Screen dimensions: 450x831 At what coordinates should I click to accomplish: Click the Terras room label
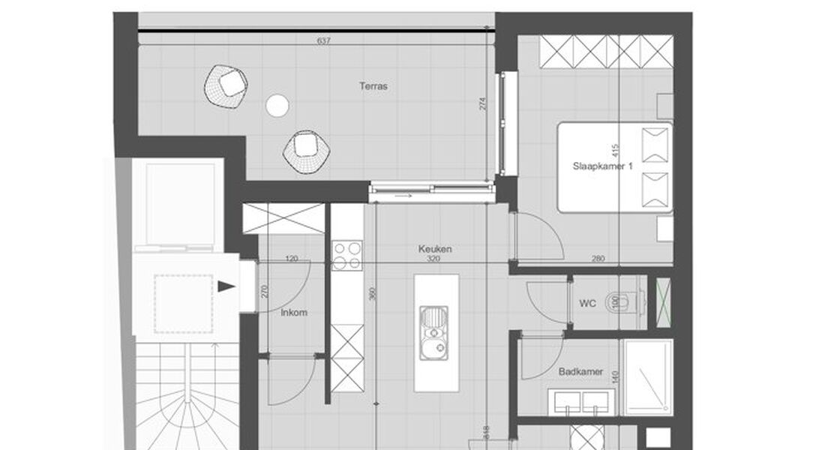(x=373, y=86)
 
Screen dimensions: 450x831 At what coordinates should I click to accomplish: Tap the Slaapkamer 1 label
(x=603, y=167)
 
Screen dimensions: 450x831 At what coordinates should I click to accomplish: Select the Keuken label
(x=435, y=249)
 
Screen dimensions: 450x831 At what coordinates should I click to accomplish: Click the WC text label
(x=587, y=304)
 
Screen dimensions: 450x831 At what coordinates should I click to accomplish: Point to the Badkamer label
(x=580, y=371)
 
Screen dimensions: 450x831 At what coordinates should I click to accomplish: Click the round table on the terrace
(x=277, y=106)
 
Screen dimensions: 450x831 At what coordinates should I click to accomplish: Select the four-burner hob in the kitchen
(x=347, y=255)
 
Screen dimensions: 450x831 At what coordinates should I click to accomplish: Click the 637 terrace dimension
(x=324, y=40)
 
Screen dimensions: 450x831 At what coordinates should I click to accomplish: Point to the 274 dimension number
(x=483, y=103)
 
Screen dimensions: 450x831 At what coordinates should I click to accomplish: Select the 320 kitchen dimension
(x=433, y=259)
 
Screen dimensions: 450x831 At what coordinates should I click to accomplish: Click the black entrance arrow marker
(x=226, y=286)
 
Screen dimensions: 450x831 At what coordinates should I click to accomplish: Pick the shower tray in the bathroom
(x=648, y=376)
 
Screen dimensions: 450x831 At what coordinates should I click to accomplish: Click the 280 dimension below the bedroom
(x=598, y=259)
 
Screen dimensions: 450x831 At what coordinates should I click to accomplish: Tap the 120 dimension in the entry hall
(x=292, y=259)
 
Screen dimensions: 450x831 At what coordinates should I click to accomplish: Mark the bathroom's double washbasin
(x=581, y=403)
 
